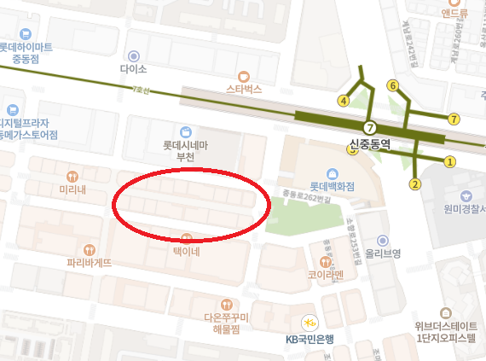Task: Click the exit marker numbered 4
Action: pyautogui.click(x=344, y=100)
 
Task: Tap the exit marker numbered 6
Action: pyautogui.click(x=393, y=85)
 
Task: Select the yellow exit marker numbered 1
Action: pyautogui.click(x=450, y=160)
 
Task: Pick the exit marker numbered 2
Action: pyautogui.click(x=416, y=183)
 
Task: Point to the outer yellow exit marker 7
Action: pyautogui.click(x=454, y=119)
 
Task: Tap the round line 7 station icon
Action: pyautogui.click(x=369, y=127)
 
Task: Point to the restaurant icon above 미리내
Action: pyautogui.click(x=73, y=176)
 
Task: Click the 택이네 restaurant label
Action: pyautogui.click(x=186, y=252)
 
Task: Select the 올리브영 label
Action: pyautogui.click(x=383, y=253)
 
